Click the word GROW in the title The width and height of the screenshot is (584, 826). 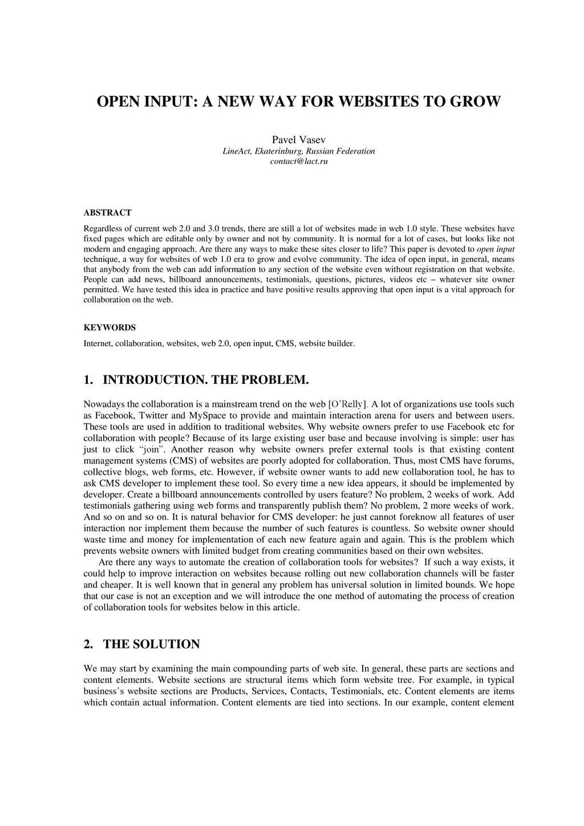pyautogui.click(x=475, y=102)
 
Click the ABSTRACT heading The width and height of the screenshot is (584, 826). pyautogui.click(x=107, y=213)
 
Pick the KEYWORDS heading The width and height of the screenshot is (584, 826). pyautogui.click(x=109, y=328)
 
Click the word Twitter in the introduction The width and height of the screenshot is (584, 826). pyautogui.click(x=153, y=415)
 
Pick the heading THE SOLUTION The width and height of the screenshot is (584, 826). pyautogui.click(x=151, y=645)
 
